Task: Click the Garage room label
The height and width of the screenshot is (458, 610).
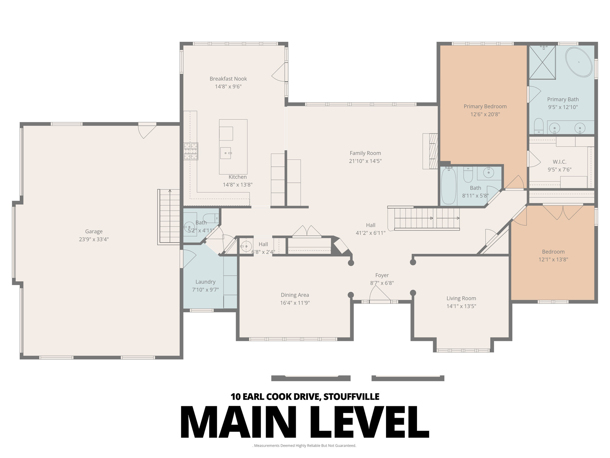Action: tap(94, 231)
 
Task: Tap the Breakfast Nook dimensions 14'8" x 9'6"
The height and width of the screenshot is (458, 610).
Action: tap(228, 87)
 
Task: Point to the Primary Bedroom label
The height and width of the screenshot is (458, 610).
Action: tap(485, 106)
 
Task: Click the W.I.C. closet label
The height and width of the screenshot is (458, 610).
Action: tap(559, 162)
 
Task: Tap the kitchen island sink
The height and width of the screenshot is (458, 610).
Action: tap(226, 153)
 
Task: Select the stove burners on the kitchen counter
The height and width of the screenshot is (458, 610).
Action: tap(191, 151)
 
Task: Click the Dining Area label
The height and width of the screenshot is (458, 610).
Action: tap(295, 295)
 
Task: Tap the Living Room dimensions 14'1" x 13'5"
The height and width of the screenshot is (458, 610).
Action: tap(461, 306)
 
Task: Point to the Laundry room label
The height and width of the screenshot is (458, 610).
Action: tap(205, 282)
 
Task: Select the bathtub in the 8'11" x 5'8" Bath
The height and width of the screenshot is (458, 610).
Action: tap(449, 186)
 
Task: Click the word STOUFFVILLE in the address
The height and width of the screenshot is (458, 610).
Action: tap(351, 397)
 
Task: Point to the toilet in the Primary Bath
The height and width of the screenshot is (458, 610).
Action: tap(539, 126)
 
